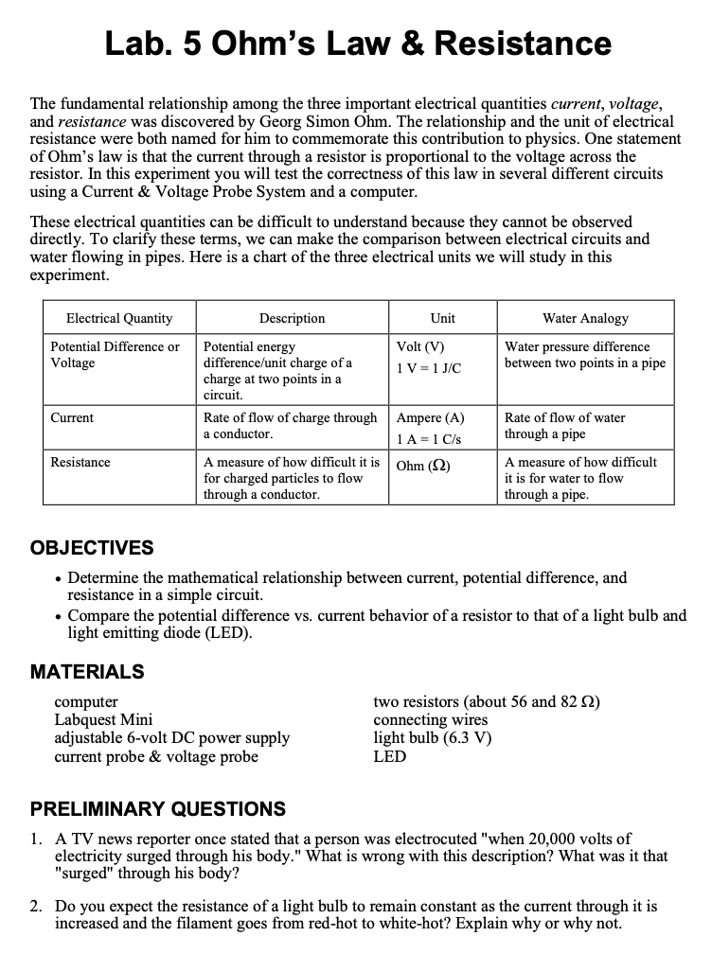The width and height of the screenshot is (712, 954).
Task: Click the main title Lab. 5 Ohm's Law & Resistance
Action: [357, 44]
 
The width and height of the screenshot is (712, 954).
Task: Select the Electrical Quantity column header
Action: [119, 318]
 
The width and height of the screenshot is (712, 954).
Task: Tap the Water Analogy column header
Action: [585, 318]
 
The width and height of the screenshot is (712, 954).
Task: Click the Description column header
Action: [292, 318]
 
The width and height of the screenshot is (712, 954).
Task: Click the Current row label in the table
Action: [73, 418]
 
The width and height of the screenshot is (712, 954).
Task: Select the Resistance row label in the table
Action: [80, 463]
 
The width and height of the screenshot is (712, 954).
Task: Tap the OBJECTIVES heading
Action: [92, 549]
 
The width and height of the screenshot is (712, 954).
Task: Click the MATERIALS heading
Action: [87, 672]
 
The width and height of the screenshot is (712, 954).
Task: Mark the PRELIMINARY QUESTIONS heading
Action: [158, 809]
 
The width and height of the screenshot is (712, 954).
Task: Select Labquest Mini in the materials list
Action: [103, 720]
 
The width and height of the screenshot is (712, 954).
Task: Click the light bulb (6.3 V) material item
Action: [433, 738]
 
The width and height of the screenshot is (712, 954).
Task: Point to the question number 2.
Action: [35, 907]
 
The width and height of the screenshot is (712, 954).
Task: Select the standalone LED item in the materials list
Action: [389, 756]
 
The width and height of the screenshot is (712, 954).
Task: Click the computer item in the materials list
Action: [86, 702]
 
